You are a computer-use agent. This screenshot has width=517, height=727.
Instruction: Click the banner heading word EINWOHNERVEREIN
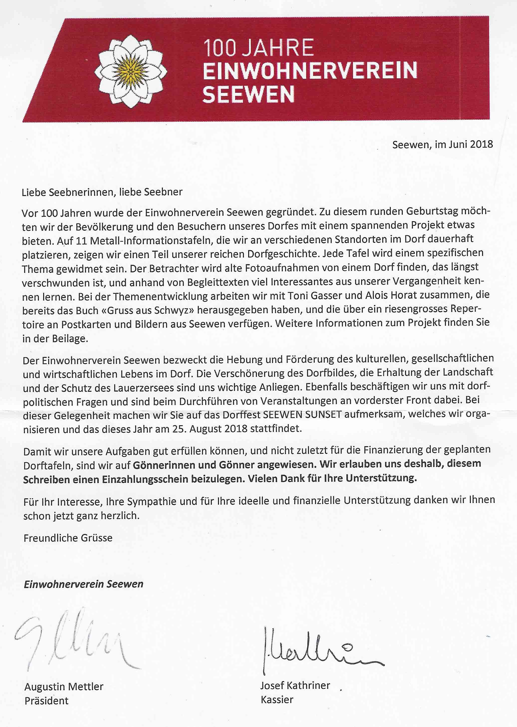click(x=310, y=71)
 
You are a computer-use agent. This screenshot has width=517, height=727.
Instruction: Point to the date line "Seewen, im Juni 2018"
click(x=442, y=144)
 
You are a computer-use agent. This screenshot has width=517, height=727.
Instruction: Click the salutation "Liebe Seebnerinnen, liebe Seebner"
click(x=102, y=192)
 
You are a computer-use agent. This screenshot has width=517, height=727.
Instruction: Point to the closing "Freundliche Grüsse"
click(x=68, y=538)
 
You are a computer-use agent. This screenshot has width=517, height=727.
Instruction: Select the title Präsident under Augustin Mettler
click(x=46, y=701)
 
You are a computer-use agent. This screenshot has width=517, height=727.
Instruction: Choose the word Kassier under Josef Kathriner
click(x=277, y=700)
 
